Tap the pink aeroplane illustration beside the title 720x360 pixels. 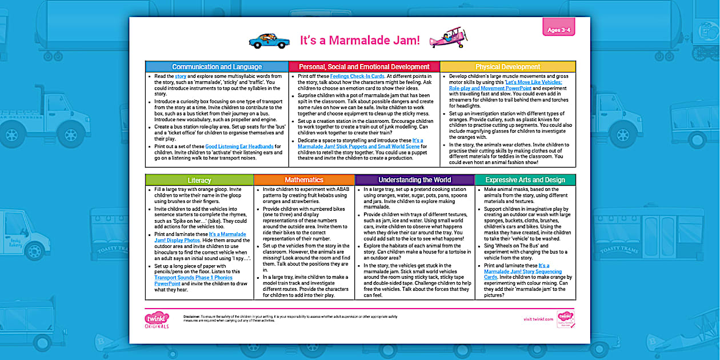[x=447, y=38]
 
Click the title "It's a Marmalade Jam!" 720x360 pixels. [x=359, y=41]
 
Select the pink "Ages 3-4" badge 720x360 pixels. [x=557, y=30]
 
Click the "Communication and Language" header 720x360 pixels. [x=217, y=67]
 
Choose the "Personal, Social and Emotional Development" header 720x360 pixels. [x=364, y=67]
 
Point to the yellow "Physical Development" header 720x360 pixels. [x=507, y=67]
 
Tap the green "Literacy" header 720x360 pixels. [x=199, y=180]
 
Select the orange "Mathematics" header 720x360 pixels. [x=304, y=180]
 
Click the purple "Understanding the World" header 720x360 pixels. [x=414, y=180]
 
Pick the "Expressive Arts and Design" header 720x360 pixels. [x=525, y=180]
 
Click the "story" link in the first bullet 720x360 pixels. [x=181, y=76]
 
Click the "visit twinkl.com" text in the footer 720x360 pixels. [x=538, y=319]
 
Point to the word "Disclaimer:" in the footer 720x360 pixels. [x=195, y=316]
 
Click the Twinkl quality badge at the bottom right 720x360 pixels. [x=565, y=319]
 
